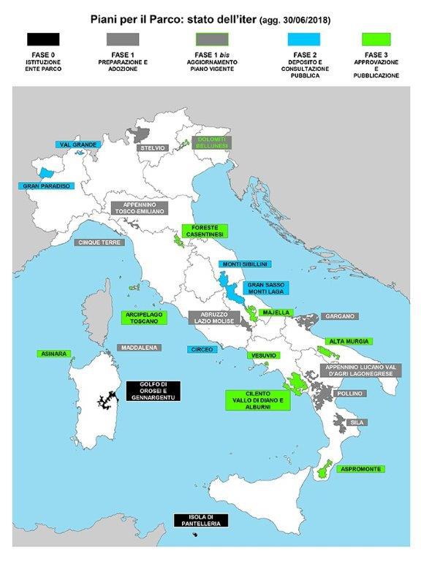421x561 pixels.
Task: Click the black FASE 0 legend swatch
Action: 42,39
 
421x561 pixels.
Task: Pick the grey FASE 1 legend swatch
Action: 125,39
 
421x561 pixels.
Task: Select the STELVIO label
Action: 153,148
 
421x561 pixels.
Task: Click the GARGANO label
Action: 338,316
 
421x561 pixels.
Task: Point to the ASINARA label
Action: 53,354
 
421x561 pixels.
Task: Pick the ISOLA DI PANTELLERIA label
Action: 201,520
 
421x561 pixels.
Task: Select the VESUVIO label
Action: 262,355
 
